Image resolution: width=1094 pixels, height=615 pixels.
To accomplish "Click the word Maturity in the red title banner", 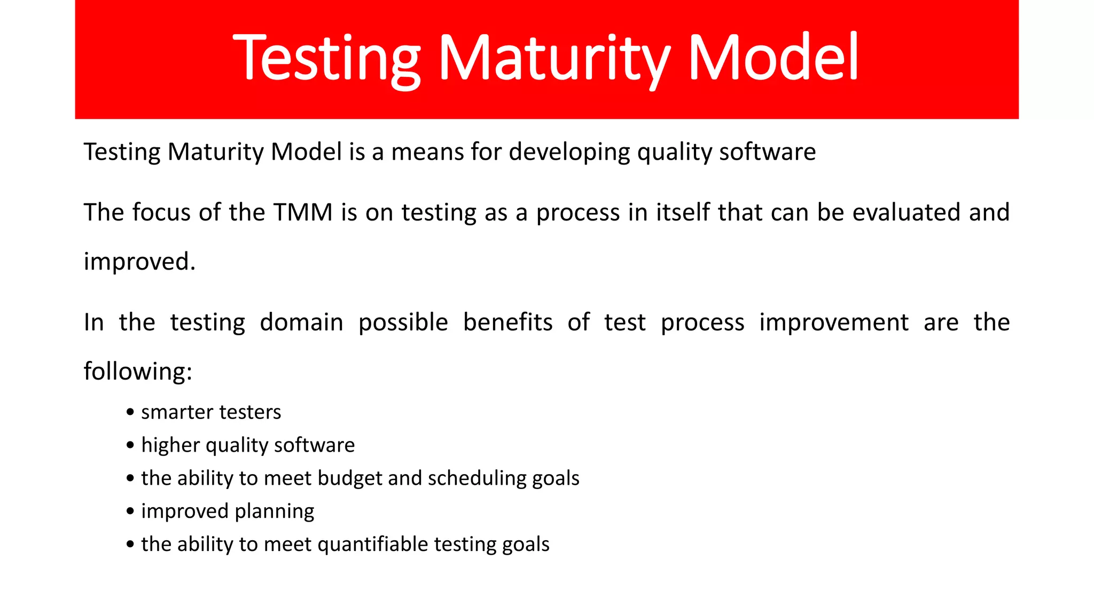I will click(554, 58).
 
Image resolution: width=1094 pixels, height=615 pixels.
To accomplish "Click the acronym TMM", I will click(303, 212).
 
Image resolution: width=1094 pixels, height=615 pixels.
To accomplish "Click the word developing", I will click(569, 153).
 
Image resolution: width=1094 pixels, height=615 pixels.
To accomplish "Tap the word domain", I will click(301, 322).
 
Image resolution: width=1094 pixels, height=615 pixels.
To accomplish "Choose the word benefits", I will click(507, 322).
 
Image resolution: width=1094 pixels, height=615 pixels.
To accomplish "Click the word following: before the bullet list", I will click(138, 372).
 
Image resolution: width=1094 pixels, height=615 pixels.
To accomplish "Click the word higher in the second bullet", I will click(170, 446).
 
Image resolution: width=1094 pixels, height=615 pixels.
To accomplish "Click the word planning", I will click(274, 512).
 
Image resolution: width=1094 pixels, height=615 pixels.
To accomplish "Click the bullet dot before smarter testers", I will click(130, 413).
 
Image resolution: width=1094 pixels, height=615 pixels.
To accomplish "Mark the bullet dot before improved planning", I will click(130, 511).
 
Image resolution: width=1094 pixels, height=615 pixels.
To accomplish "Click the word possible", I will click(403, 323).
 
